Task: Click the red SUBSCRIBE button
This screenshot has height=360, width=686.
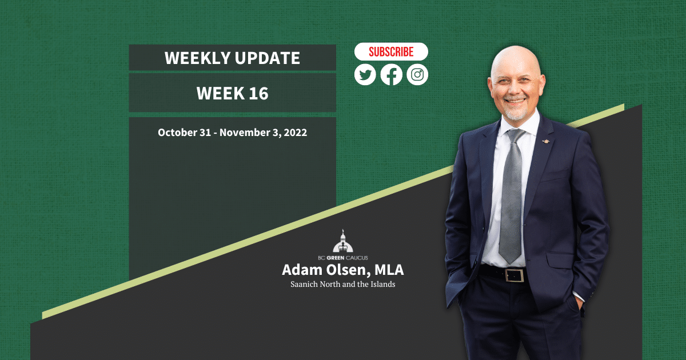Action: [x=391, y=51]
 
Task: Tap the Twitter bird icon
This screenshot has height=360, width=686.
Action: [x=365, y=74]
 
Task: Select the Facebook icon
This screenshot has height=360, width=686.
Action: [x=392, y=74]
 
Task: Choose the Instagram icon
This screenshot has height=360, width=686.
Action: [x=417, y=74]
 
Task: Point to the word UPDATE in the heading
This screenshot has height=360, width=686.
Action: [x=268, y=58]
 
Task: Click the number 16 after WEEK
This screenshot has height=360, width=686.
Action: [x=258, y=93]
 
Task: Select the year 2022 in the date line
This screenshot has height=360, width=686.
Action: [x=295, y=132]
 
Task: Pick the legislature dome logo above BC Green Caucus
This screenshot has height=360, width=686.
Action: [x=342, y=241]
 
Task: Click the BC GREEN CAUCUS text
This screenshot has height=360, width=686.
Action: [x=342, y=258]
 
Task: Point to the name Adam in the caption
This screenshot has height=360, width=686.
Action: [x=302, y=270]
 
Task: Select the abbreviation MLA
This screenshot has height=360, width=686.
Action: [x=389, y=270]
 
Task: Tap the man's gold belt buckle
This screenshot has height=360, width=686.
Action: [x=514, y=275]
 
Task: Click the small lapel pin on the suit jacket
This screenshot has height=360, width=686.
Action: [x=545, y=141]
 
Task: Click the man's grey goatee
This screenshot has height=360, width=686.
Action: [x=516, y=114]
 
